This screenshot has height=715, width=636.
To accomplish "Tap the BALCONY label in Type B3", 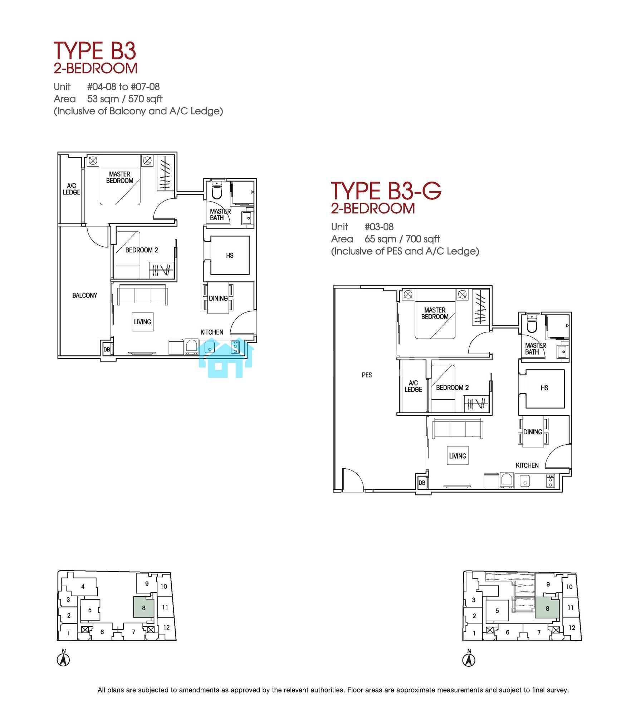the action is [x=84, y=295].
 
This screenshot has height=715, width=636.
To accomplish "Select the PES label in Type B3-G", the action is [x=367, y=375].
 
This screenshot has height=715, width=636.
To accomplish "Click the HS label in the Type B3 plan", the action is [x=230, y=255].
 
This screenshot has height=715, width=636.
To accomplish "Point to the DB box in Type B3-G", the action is [x=422, y=483].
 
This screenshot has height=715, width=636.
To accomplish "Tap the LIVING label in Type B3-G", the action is [x=458, y=456].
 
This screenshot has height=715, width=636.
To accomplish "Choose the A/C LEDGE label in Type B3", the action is [x=72, y=189].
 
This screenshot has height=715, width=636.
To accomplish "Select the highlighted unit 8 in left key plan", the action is [x=144, y=607].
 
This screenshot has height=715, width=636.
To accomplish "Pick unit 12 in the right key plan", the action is [x=572, y=627].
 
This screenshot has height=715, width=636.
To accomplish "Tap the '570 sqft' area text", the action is [x=145, y=99].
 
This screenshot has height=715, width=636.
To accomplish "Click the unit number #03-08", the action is [x=379, y=227].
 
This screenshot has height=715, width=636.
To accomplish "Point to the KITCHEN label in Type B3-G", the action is [x=527, y=465].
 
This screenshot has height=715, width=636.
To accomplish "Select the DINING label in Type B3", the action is [x=218, y=298].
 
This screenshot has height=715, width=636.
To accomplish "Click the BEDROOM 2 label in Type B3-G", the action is [x=452, y=388].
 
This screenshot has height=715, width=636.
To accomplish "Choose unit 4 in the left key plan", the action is [x=83, y=586].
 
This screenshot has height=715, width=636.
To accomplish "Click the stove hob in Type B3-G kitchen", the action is [x=550, y=481].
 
